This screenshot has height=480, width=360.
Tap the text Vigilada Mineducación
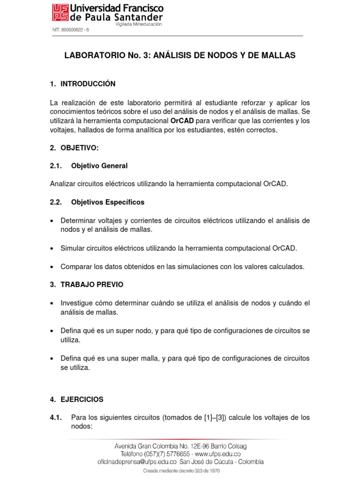pyautogui.click(x=138, y=24)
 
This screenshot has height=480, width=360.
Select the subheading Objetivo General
pyautogui.click(x=99, y=166)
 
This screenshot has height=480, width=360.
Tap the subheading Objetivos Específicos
pyautogui.click(x=107, y=202)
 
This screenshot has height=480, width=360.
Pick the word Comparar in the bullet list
pyautogui.click(x=76, y=266)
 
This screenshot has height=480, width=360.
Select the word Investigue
pyautogui.click(x=78, y=303)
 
